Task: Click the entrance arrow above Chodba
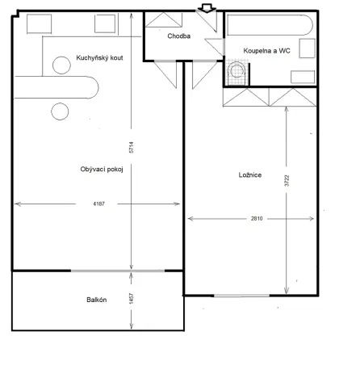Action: pos(206,7)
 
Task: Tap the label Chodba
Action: pos(178,36)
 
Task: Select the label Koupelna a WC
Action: pos(266,51)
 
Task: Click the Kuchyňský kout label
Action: pos(99,58)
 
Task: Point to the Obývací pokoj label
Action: pos(102,169)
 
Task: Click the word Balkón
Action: pos(98,300)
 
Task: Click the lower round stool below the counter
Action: pos(59,111)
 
